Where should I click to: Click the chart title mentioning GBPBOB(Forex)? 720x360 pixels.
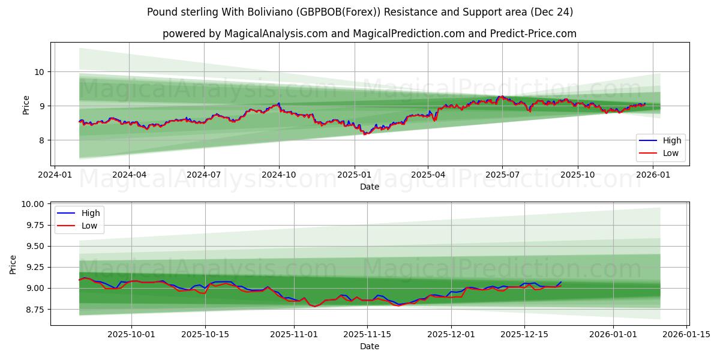point(360,12)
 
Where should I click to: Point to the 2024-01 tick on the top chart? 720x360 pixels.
point(55,175)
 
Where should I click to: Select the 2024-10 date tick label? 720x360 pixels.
point(279,175)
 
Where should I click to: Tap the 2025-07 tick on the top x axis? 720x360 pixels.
point(502,175)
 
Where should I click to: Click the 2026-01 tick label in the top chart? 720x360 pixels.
point(653,175)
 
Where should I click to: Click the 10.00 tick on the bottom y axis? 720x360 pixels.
point(32,204)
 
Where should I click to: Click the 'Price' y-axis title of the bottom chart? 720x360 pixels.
point(14,264)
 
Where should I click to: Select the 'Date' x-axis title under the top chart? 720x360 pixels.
point(369,187)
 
